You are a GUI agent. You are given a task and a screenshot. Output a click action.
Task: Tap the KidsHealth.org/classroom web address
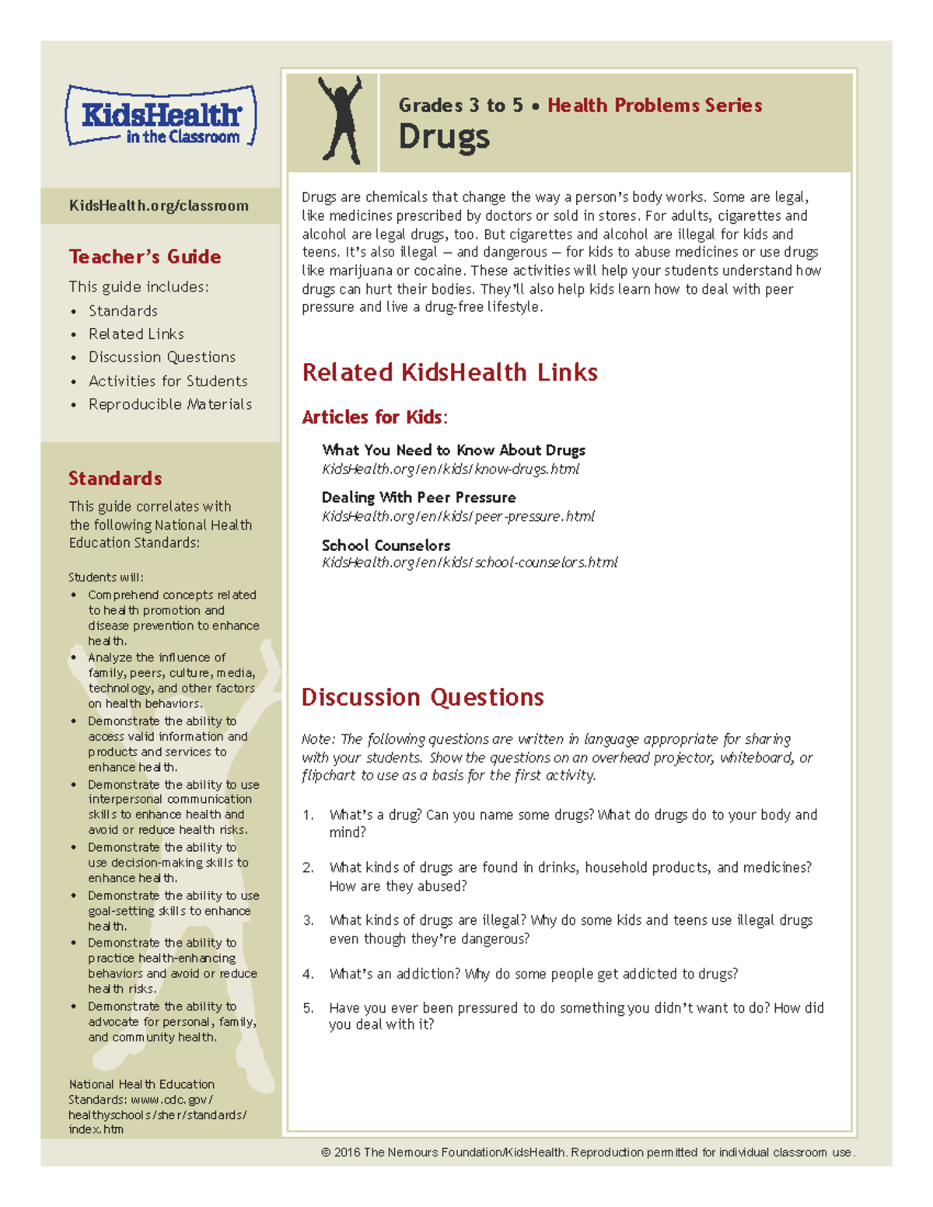click(x=159, y=206)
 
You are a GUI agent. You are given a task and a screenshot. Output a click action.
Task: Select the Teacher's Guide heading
click(x=145, y=256)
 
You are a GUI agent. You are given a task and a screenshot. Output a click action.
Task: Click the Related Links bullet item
click(x=136, y=334)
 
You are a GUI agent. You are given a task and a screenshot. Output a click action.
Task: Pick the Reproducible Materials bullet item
click(x=170, y=404)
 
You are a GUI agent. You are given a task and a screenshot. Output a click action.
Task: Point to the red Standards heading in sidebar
click(x=115, y=478)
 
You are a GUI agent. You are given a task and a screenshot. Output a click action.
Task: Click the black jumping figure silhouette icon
click(x=341, y=120)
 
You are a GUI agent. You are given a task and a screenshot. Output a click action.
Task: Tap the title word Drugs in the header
click(x=444, y=138)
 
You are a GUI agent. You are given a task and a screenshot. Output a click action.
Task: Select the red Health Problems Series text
click(x=655, y=106)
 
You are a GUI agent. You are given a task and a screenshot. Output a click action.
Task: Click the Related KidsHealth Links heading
click(x=449, y=372)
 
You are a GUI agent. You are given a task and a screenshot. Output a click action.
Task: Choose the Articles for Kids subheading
click(x=374, y=417)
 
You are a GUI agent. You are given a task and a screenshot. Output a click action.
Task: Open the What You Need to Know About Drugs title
click(x=453, y=450)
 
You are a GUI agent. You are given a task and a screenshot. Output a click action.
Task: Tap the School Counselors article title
click(x=386, y=546)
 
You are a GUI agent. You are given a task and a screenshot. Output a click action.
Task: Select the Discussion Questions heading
click(x=422, y=697)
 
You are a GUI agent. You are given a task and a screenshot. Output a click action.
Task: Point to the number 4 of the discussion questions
click(x=309, y=974)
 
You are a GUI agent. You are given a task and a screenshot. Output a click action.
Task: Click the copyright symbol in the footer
click(x=326, y=1153)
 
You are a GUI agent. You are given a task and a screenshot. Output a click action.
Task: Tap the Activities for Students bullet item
click(x=168, y=381)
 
